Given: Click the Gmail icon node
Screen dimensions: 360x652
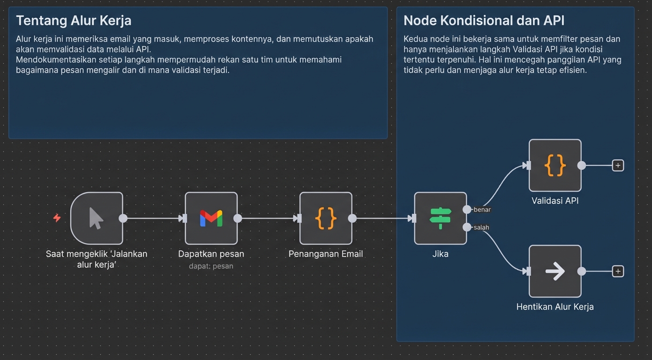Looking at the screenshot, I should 211,218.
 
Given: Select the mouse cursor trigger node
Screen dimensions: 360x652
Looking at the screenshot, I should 96,218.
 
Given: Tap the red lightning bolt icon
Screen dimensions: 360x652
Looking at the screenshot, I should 57,218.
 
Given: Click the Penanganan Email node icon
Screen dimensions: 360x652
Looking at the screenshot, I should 326,218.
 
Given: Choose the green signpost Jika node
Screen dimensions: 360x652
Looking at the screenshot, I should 440,218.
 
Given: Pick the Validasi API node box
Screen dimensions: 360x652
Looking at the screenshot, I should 555,165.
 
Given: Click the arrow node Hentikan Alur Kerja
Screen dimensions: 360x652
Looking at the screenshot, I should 555,271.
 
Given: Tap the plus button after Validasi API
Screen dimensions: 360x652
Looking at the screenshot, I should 618,165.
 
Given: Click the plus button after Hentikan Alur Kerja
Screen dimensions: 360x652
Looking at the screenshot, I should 618,271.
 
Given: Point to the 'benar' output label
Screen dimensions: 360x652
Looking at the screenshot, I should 482,210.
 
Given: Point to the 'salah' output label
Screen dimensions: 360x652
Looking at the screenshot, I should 481,227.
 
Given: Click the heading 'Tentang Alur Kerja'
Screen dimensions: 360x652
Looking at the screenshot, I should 74,21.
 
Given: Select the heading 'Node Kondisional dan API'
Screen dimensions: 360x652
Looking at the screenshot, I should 484,21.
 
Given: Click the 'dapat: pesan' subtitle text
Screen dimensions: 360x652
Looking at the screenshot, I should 211,266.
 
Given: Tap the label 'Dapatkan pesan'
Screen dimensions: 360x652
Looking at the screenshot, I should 211,254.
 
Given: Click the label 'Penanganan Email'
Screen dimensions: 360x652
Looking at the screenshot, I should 326,254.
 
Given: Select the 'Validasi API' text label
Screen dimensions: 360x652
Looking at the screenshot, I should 555,201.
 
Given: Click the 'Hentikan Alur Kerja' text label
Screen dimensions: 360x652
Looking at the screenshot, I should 555,307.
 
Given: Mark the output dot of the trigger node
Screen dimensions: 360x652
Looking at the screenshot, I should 123,218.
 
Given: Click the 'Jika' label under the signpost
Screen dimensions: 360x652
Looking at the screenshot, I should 440,254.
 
